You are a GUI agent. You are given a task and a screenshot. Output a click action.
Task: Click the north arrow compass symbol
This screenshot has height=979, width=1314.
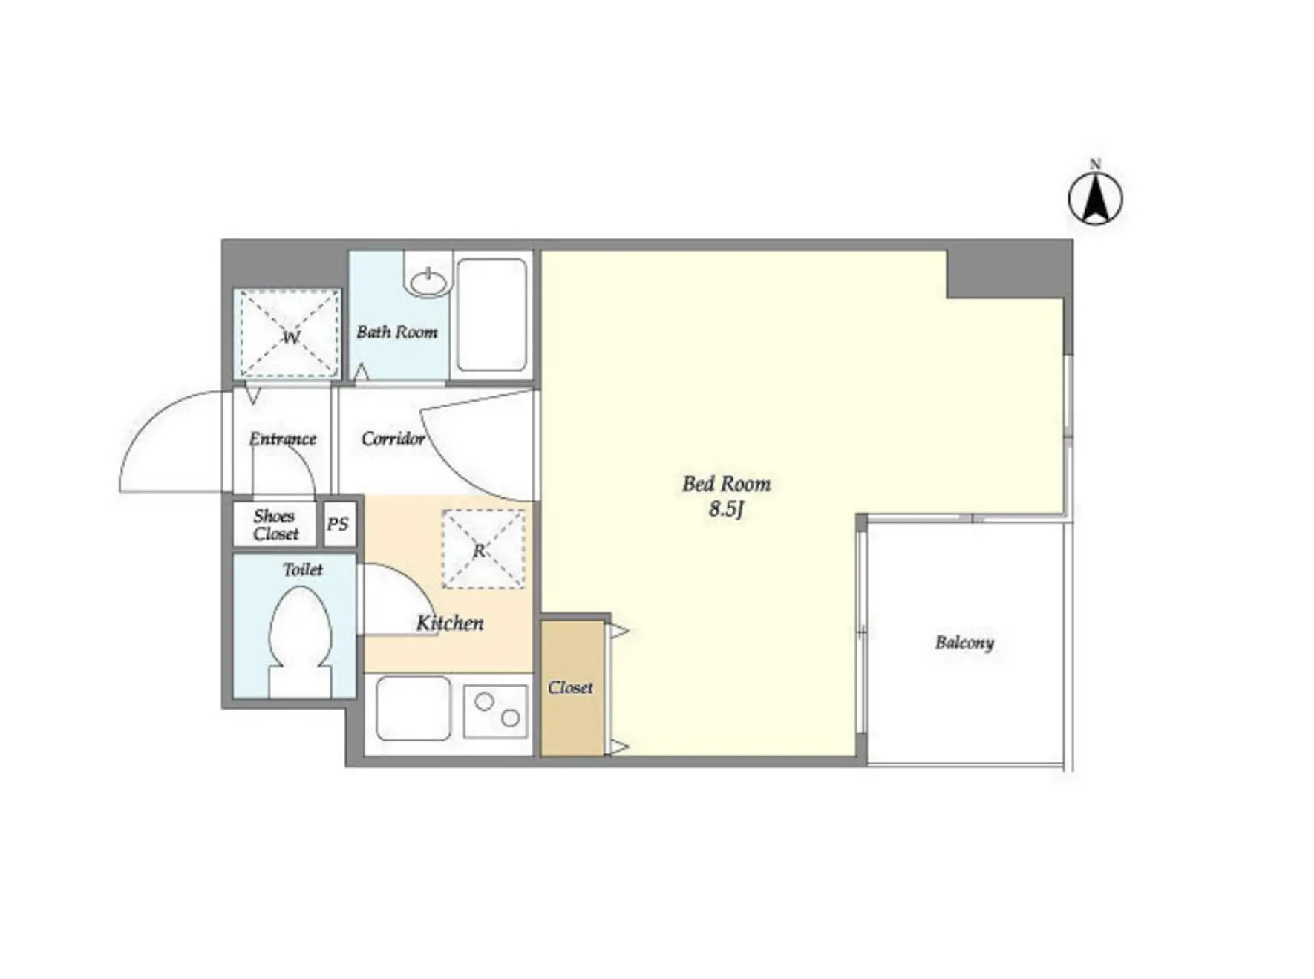tap(1095, 198)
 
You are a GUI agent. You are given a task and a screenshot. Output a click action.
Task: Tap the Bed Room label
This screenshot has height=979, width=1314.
tap(726, 484)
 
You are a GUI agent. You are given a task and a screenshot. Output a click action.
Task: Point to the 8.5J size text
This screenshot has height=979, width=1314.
tap(725, 509)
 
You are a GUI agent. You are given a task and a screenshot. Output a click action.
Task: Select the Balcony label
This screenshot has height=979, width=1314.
tap(964, 643)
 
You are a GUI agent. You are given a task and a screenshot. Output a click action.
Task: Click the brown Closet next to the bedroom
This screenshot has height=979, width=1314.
tap(572, 688)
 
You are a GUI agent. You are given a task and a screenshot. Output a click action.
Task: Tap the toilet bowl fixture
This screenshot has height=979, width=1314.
tap(299, 641)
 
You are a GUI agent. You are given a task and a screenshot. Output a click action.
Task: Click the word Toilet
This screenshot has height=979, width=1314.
tap(303, 569)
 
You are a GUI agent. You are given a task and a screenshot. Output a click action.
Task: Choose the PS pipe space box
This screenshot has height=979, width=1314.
tap(339, 524)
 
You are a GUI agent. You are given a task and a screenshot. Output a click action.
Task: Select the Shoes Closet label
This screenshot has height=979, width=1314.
tap(275, 525)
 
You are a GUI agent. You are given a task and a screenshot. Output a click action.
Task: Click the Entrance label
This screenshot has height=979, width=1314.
tap(283, 439)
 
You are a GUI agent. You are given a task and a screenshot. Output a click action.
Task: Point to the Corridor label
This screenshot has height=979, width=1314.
tap(393, 439)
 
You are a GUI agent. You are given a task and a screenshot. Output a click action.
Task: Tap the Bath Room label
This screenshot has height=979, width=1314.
tap(396, 332)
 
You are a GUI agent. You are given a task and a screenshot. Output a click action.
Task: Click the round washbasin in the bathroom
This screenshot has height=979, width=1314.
tap(429, 281)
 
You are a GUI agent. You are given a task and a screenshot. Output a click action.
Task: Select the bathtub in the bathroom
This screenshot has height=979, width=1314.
tap(491, 315)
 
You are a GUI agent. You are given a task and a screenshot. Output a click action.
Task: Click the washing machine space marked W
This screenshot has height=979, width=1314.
tap(288, 334)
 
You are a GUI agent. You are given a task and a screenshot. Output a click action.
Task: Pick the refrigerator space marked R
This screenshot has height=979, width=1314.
tap(483, 549)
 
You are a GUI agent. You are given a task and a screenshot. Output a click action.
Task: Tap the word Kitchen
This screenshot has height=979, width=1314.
tap(450, 623)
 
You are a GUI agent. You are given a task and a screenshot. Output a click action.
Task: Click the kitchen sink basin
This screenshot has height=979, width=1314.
tap(414, 709)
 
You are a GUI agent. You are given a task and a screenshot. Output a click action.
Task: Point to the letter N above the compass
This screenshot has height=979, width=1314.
tap(1095, 164)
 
